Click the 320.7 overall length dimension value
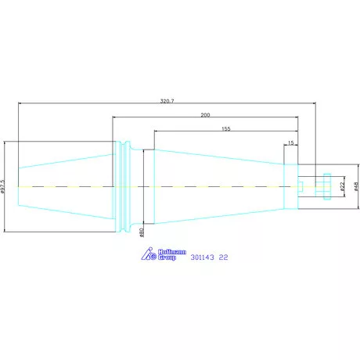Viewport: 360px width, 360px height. click(x=167, y=101)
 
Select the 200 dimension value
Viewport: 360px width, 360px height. click(x=205, y=115)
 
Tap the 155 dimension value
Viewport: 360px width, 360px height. click(x=226, y=128)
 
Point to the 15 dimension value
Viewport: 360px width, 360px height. click(x=291, y=142)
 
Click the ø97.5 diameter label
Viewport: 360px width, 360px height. click(x=2, y=186)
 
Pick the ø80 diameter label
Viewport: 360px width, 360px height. click(x=142, y=232)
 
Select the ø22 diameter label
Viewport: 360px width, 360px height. click(x=343, y=186)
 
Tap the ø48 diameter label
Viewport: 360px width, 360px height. click(x=356, y=186)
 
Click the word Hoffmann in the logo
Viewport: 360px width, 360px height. click(x=172, y=252)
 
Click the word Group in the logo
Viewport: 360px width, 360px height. click(x=167, y=257)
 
